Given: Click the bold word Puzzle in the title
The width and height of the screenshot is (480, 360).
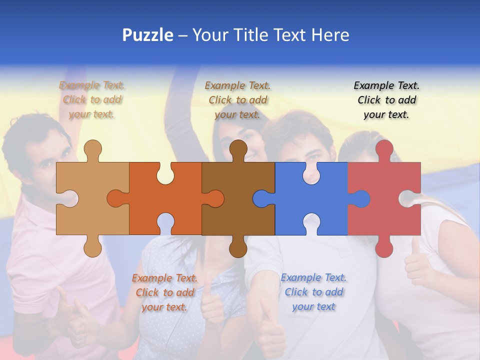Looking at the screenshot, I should coord(148,35).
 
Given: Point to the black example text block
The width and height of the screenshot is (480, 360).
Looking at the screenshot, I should coord(386,100).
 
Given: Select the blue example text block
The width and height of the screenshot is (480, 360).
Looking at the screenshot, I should coord(313,292).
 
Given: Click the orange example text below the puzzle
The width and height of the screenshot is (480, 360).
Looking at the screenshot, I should coord(164,292).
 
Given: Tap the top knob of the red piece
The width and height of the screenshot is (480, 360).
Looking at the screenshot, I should coord(384,150).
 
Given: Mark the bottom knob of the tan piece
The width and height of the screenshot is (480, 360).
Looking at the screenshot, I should coord(92,247).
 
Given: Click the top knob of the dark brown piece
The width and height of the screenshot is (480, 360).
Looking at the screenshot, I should coord(238,150).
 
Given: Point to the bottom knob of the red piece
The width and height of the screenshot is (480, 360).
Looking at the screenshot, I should coord(384,247).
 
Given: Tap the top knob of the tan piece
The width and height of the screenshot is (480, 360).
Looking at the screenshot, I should coord(92,150).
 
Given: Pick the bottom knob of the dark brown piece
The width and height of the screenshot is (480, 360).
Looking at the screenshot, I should coord(238,247).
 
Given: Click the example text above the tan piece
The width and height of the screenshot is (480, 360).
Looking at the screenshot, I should coord(92,100).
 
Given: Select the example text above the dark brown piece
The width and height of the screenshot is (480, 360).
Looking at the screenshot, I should coord(237,100).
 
